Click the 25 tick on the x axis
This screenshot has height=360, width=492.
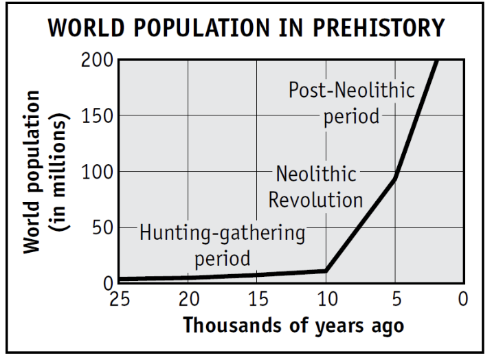coord(119,299)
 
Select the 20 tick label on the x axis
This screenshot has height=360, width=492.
coord(188,299)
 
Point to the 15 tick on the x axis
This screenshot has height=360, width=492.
coord(257,299)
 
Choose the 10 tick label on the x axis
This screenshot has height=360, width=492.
coord(326,299)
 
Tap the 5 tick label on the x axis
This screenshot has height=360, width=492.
coord(395,299)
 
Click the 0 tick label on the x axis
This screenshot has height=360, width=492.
coord(464,299)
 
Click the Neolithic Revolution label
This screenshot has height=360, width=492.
coord(315,187)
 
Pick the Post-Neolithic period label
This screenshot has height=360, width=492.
coord(351,103)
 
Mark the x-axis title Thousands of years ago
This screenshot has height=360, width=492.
coord(293,325)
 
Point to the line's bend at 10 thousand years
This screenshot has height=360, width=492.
coord(326,271)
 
